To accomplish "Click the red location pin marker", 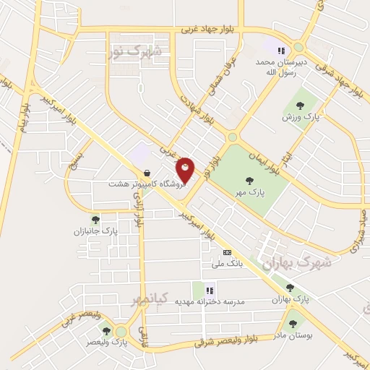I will click(186, 171).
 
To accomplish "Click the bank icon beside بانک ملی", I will click(228, 253).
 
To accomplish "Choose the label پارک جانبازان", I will click(94, 232).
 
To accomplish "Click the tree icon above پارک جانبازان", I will click(95, 220).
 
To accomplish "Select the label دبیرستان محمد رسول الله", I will click(281, 67).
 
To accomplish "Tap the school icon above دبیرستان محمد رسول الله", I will click(281, 51).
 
